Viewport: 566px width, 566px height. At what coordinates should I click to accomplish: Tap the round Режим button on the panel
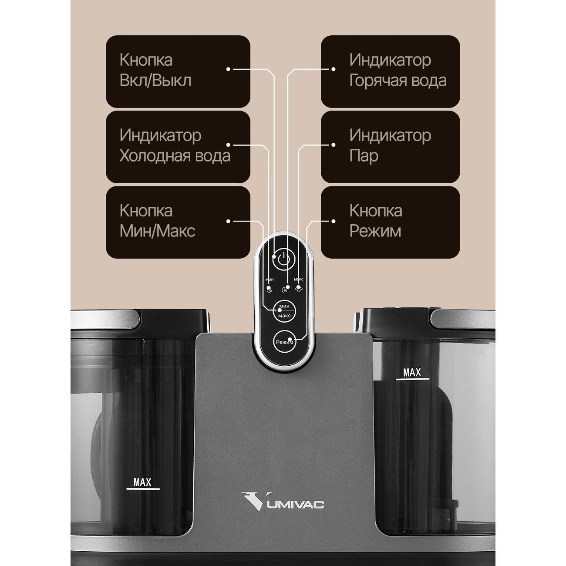tap(284, 342)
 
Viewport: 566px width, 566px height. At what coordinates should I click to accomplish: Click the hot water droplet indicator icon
tap(284, 290)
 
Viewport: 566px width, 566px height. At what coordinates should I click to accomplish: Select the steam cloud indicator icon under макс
tap(299, 290)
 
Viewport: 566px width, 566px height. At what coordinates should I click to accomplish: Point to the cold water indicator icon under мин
tap(269, 290)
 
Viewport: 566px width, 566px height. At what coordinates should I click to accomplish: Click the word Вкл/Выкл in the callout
tap(155, 81)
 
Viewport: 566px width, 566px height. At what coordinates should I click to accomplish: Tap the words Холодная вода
tap(175, 156)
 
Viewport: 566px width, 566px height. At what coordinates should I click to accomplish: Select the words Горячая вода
tap(398, 81)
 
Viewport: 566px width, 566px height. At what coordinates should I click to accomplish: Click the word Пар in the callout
tap(364, 156)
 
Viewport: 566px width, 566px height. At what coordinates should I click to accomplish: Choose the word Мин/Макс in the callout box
tap(157, 231)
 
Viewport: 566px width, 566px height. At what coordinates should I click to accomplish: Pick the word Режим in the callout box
tap(375, 231)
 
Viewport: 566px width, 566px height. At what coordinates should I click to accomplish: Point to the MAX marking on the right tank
tap(412, 373)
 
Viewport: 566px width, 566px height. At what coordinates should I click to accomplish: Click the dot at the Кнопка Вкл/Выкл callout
tap(229, 69)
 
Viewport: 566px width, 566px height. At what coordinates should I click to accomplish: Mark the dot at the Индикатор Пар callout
tap(334, 145)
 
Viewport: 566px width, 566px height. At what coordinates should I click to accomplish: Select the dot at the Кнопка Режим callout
tap(334, 221)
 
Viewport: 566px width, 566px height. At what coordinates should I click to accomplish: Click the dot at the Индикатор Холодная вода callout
tap(229, 145)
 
